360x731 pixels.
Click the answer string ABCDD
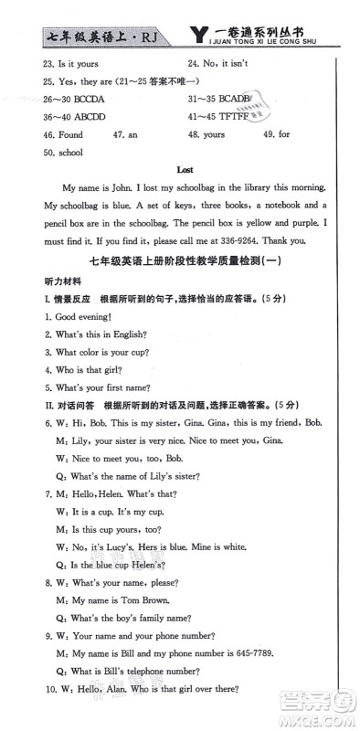(83, 116)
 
